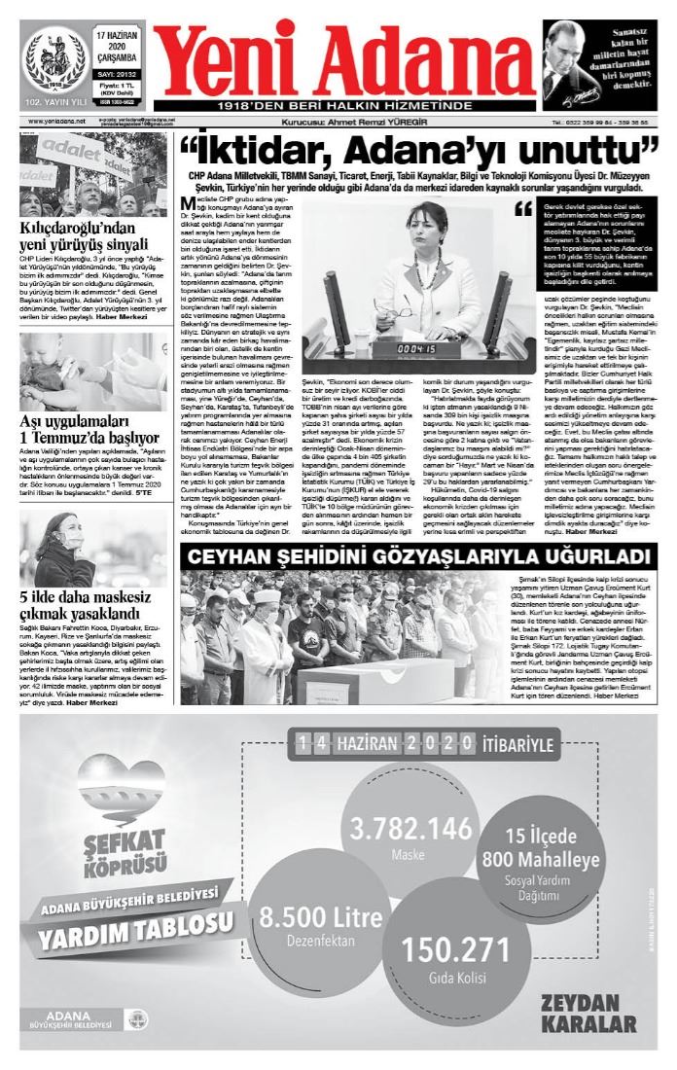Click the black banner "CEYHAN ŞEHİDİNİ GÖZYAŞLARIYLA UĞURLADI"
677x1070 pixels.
(418, 556)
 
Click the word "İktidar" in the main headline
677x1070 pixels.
(262, 152)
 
